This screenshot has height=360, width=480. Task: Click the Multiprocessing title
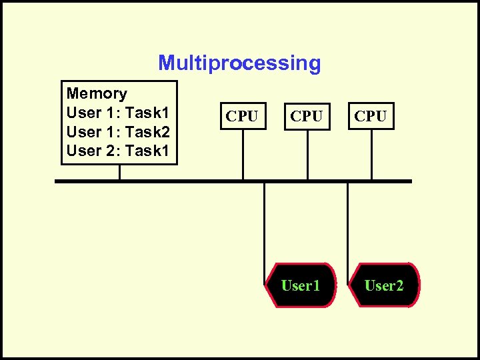click(x=239, y=63)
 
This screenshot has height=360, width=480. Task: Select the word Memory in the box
click(x=97, y=93)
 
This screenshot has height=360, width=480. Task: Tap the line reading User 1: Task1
click(x=118, y=113)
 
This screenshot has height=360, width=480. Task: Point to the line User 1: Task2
click(x=118, y=132)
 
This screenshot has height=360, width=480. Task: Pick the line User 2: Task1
click(x=118, y=151)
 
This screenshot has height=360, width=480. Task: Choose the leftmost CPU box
click(x=242, y=116)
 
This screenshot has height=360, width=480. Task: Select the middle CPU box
click(x=307, y=116)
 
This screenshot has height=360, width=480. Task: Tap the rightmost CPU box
click(x=371, y=116)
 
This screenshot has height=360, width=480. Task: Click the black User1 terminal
click(x=301, y=285)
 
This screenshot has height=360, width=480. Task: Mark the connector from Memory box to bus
click(x=119, y=171)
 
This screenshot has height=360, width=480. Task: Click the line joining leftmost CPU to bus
click(x=243, y=154)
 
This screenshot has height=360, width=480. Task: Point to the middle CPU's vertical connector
click(x=307, y=154)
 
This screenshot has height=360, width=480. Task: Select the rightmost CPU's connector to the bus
click(x=371, y=154)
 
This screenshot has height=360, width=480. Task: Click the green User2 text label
click(x=384, y=286)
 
